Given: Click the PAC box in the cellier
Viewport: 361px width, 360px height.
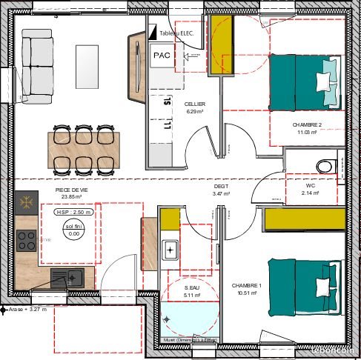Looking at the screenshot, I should pos(161,56).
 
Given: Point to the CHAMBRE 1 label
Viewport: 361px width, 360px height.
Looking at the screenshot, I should pos(247,285).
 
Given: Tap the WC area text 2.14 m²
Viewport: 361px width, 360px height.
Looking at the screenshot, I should pos(310,193).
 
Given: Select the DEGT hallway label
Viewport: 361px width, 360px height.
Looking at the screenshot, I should pos(222,187).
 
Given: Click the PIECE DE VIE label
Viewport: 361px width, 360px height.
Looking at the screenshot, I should pos(73,190).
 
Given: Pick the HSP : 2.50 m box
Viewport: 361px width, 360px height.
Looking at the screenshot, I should pos(73,212).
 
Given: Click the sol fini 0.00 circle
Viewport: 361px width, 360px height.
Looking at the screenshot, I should pos(74,229).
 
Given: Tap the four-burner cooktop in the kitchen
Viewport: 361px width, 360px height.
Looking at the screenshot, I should pos(27,239).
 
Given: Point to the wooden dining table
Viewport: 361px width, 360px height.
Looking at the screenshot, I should pos(82,148).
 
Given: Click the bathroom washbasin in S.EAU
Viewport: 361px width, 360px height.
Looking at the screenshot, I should pos(170,250).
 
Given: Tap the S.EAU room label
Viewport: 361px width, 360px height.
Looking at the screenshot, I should pos(193,287).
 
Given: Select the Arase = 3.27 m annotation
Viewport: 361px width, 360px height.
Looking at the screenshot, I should pos(28,309).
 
